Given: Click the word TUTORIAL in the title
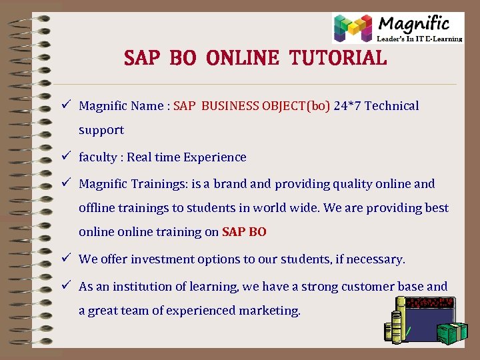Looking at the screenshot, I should pos(338,58).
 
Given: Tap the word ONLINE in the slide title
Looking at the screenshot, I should pos(243,58).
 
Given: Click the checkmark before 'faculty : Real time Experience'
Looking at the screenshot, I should pos(67,157).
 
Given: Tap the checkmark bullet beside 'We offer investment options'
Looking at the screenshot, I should pos(67,259).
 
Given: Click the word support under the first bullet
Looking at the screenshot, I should pos(101,130).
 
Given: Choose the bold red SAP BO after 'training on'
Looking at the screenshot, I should pos(244,232).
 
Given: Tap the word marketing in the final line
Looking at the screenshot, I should pos(268,311).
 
